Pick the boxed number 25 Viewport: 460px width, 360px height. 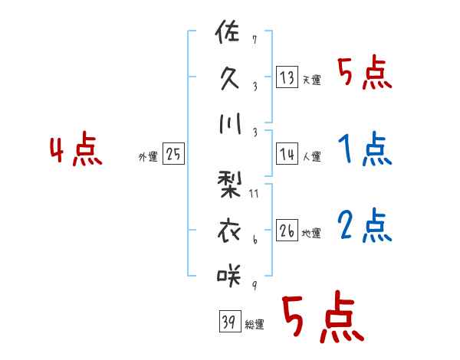pyautogui.click(x=173, y=155)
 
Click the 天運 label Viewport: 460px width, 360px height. pyautogui.click(x=311, y=80)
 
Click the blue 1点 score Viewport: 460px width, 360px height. pyautogui.click(x=364, y=149)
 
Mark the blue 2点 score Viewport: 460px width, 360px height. pyautogui.click(x=364, y=225)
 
